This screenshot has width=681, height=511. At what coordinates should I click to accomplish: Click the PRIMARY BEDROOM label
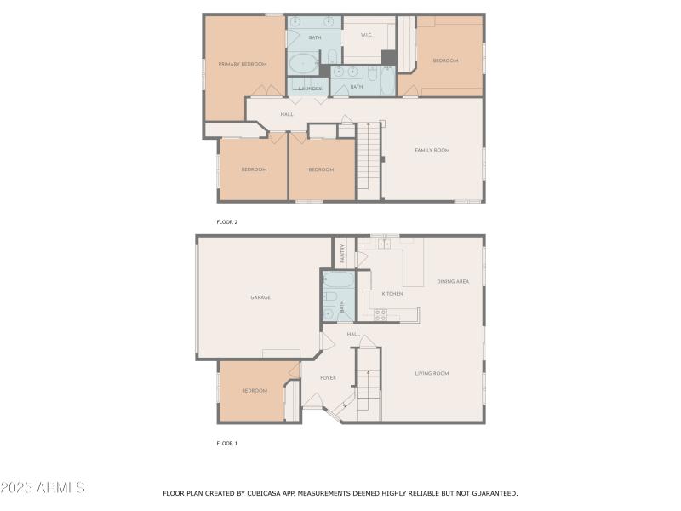click(x=243, y=64)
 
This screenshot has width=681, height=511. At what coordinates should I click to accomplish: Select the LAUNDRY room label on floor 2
click(x=310, y=89)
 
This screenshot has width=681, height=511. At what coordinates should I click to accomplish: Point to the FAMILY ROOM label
click(x=432, y=150)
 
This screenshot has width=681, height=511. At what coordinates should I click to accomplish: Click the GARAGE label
click(x=260, y=297)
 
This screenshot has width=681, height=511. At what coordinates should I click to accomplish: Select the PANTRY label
click(x=343, y=252)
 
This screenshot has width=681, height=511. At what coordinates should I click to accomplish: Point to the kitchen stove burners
click(x=381, y=314)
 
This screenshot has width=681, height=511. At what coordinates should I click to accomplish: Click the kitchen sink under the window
click(x=384, y=244)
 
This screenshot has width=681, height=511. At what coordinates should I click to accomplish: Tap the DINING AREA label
click(x=453, y=281)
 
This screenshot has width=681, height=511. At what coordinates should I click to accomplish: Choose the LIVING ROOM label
click(x=432, y=373)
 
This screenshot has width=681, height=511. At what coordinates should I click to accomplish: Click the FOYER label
click(x=328, y=377)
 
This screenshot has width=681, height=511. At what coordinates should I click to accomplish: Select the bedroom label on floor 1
click(x=254, y=390)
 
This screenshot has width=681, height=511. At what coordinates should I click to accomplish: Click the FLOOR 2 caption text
click(x=227, y=221)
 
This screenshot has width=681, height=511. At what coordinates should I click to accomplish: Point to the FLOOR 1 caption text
click(x=227, y=443)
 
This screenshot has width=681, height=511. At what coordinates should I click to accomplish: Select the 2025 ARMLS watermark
click(x=43, y=488)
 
